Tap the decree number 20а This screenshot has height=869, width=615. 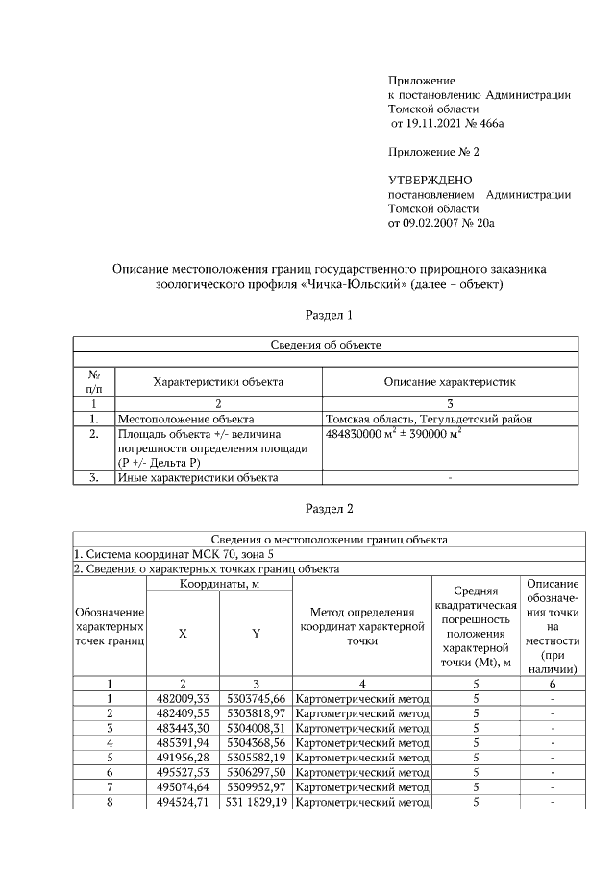[x=484, y=223]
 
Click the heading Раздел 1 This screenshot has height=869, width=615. [x=330, y=314]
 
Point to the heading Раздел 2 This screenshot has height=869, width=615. [x=330, y=508]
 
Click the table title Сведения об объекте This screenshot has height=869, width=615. [x=327, y=344]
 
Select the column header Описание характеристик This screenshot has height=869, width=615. [x=450, y=382]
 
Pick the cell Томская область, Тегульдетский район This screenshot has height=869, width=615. [x=429, y=419]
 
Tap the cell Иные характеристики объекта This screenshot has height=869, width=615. [x=197, y=477]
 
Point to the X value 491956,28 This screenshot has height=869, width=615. [x=183, y=756]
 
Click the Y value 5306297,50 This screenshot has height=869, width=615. [x=256, y=771]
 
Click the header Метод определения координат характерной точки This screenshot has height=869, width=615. [x=361, y=626]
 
